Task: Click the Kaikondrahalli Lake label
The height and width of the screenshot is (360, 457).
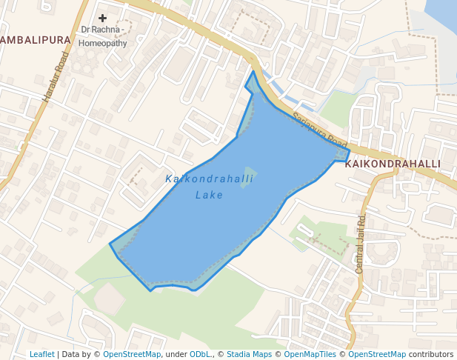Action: (x=209, y=187)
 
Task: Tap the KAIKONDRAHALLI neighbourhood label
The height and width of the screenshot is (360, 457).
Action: (x=393, y=164)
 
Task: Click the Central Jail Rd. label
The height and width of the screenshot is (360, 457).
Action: (x=361, y=244)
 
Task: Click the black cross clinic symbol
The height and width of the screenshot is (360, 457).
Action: (x=102, y=18)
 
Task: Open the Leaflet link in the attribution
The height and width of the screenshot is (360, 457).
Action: (x=42, y=354)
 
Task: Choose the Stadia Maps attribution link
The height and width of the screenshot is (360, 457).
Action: (x=249, y=354)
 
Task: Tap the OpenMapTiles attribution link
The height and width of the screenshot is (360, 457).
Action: (x=310, y=354)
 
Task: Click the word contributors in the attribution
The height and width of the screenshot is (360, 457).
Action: (x=430, y=354)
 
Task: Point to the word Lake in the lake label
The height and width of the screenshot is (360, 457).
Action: (x=209, y=196)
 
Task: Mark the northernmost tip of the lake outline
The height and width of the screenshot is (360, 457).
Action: (x=253, y=72)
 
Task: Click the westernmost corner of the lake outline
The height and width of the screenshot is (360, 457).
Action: (x=110, y=244)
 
